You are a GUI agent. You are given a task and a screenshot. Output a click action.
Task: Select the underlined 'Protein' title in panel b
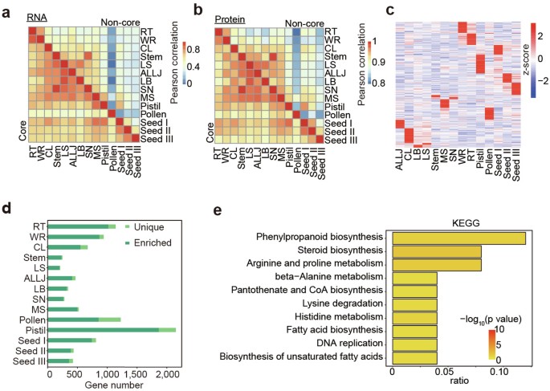(230, 18)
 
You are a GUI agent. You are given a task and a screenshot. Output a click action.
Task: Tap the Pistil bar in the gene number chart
(112, 329)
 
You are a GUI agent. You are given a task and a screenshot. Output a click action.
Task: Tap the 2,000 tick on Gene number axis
(165, 375)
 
